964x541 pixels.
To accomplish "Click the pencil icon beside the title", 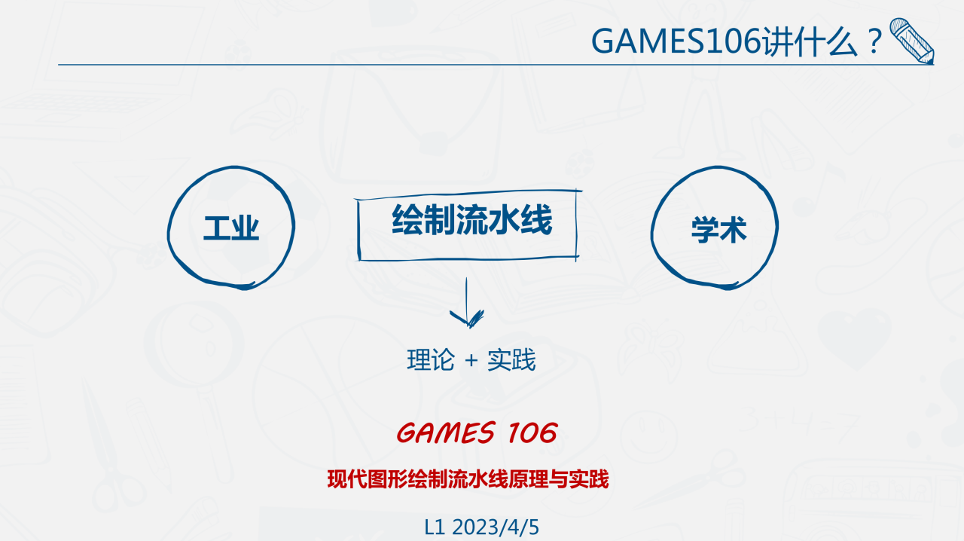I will point(912,41).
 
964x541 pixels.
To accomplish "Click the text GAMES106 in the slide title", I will point(676,41).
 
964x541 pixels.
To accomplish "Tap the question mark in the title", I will point(874,41).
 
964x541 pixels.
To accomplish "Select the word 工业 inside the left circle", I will point(231,228).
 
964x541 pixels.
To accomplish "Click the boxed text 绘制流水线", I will point(472,222).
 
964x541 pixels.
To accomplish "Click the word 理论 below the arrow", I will point(431,361).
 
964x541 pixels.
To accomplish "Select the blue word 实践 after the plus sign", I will point(511,361).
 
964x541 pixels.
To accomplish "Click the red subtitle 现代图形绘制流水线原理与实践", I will point(468,478).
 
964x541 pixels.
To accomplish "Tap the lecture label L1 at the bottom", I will point(435,527).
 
